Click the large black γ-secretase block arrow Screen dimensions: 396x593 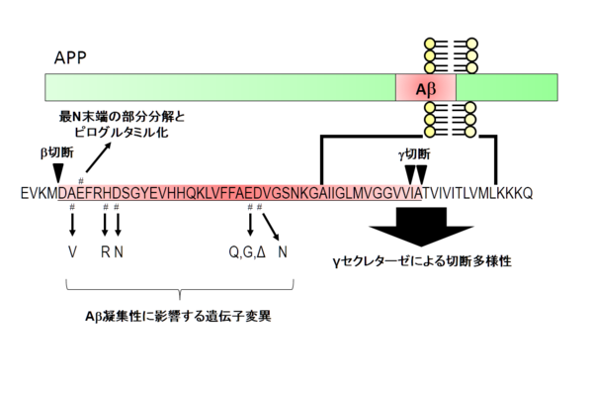click(413, 228)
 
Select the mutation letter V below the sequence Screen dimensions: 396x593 click(72, 251)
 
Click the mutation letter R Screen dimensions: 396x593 click(105, 251)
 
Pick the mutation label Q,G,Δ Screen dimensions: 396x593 click(246, 251)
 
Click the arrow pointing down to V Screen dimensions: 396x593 click(72, 224)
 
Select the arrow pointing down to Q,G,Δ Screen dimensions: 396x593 click(249, 224)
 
